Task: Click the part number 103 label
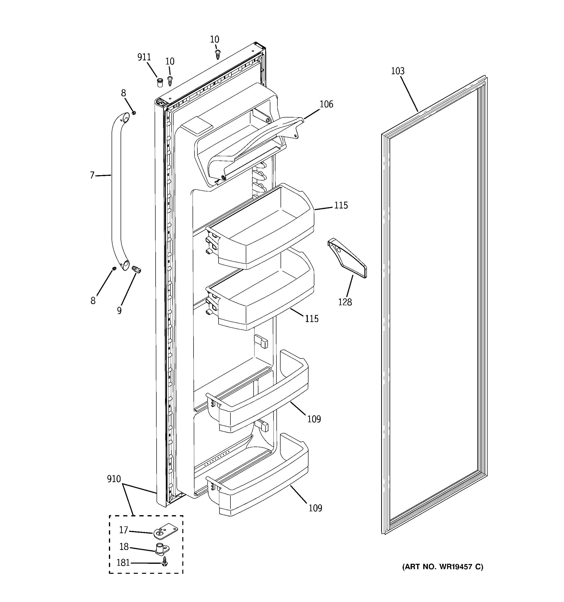[x=397, y=71]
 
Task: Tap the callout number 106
[x=326, y=105]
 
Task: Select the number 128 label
[x=345, y=302]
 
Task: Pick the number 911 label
[x=144, y=57]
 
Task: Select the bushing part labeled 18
[x=162, y=549]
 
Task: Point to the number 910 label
[x=114, y=479]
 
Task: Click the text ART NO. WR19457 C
[x=442, y=567]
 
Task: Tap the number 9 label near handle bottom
[x=119, y=311]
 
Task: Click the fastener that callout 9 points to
[x=137, y=269]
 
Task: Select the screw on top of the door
[x=217, y=55]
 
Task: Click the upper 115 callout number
[x=341, y=206]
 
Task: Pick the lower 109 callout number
[x=315, y=508]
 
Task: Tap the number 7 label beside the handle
[x=92, y=175]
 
